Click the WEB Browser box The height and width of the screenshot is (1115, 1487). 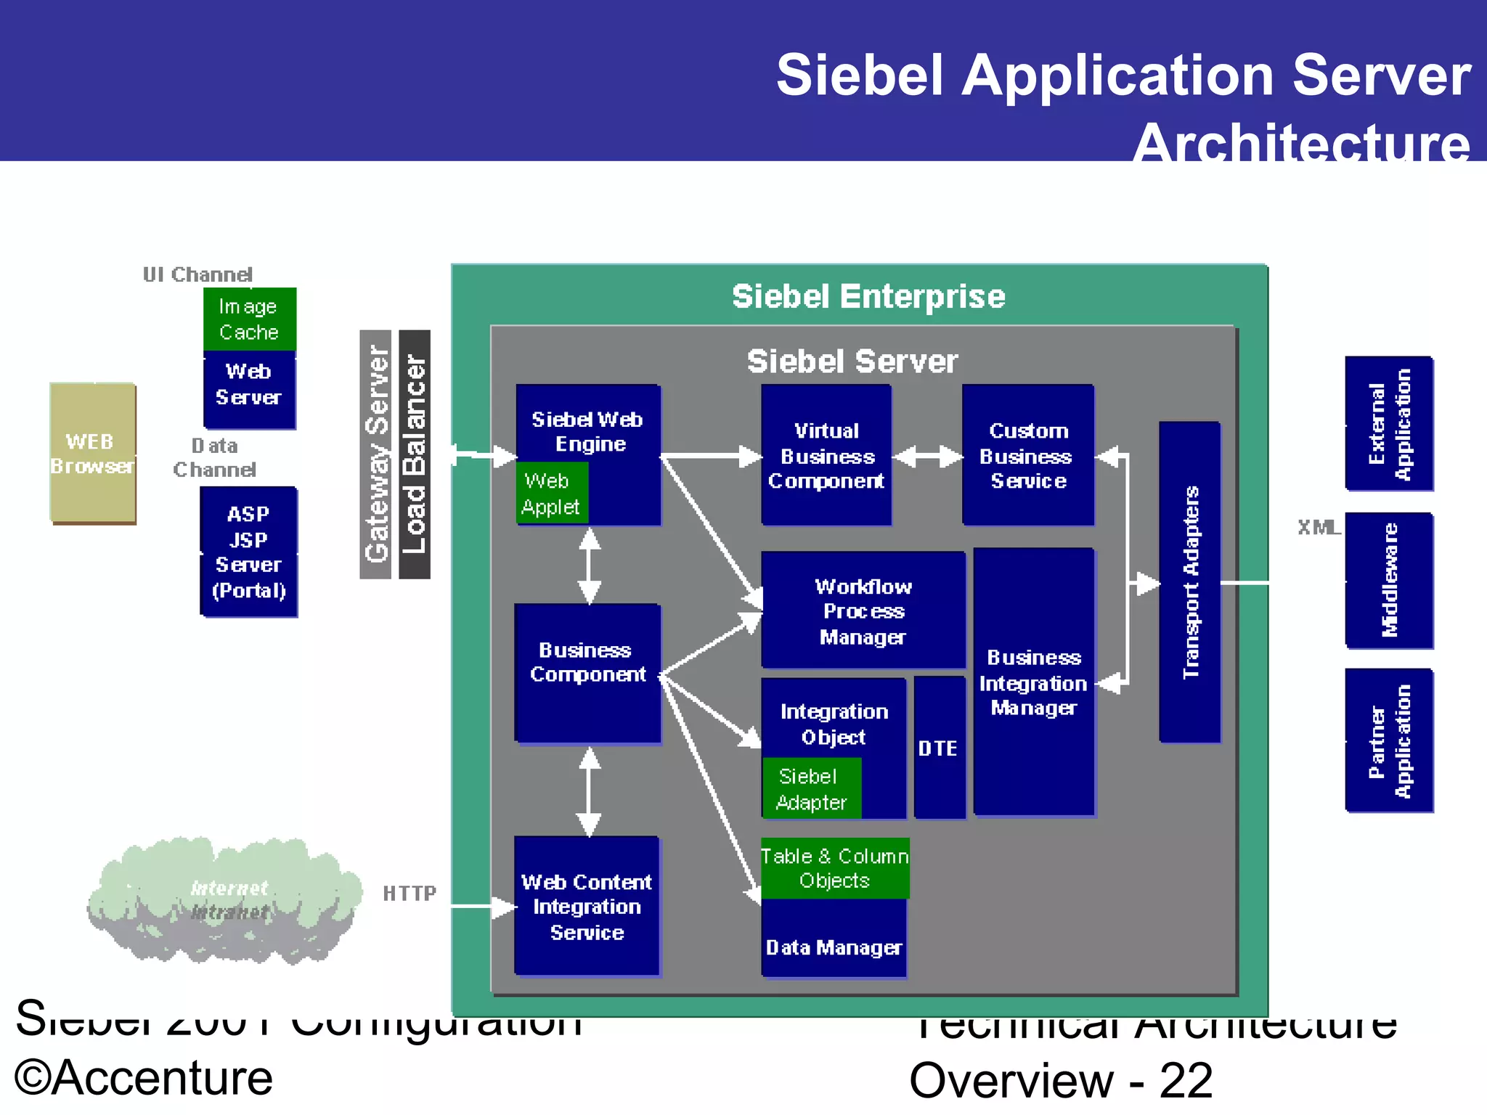pyautogui.click(x=92, y=453)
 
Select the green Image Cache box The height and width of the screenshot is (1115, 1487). pyautogui.click(x=249, y=319)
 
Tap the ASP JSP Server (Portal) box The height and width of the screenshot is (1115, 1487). pyautogui.click(x=248, y=552)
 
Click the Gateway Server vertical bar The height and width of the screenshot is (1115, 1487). pyautogui.click(x=375, y=454)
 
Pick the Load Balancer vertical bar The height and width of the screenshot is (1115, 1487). pyautogui.click(x=415, y=454)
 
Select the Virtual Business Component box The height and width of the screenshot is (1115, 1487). pyautogui.click(x=826, y=455)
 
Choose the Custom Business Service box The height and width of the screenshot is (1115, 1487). pyautogui.click(x=1027, y=455)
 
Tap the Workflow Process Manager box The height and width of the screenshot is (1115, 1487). pyautogui.click(x=863, y=610)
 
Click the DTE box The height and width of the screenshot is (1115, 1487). pyautogui.click(x=939, y=748)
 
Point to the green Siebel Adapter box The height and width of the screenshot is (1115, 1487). pyautogui.click(x=811, y=788)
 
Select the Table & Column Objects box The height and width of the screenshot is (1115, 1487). pyautogui.click(x=834, y=868)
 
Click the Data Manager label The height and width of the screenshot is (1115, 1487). pyautogui.click(x=834, y=947)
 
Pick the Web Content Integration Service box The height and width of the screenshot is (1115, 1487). pyautogui.click(x=587, y=906)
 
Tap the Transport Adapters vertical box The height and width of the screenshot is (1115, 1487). pyautogui.click(x=1189, y=582)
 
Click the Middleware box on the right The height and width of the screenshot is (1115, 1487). pyautogui.click(x=1389, y=581)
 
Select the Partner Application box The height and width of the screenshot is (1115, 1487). pyautogui.click(x=1389, y=740)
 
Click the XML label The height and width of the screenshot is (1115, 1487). pyautogui.click(x=1319, y=527)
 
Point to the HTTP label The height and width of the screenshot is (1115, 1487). pyautogui.click(x=410, y=893)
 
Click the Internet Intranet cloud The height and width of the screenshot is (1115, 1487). pyautogui.click(x=227, y=902)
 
